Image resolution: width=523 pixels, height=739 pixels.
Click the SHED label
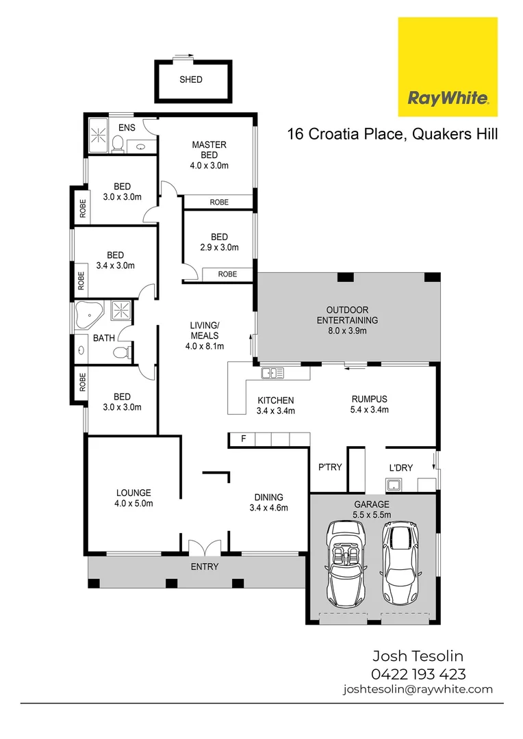[x=191, y=79]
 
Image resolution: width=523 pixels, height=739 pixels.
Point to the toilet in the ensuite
[x=117, y=143]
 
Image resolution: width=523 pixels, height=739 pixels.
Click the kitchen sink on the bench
[x=272, y=373]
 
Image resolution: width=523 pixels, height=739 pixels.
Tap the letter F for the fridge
[x=242, y=439]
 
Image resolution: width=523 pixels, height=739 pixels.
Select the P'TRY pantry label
[x=329, y=467]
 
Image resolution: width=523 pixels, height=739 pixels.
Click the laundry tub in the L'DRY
[x=394, y=486]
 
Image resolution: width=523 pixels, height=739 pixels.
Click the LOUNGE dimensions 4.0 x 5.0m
[x=133, y=504]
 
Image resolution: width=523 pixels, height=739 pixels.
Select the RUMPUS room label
[x=370, y=400]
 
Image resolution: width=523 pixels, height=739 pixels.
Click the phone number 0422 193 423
[x=418, y=674]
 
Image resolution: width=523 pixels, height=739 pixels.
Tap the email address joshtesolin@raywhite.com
[x=418, y=690]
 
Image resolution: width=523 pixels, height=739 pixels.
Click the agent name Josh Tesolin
[x=418, y=657]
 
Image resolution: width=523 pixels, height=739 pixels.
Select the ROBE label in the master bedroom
[x=219, y=202]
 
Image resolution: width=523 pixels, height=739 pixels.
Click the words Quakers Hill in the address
[x=455, y=134]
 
